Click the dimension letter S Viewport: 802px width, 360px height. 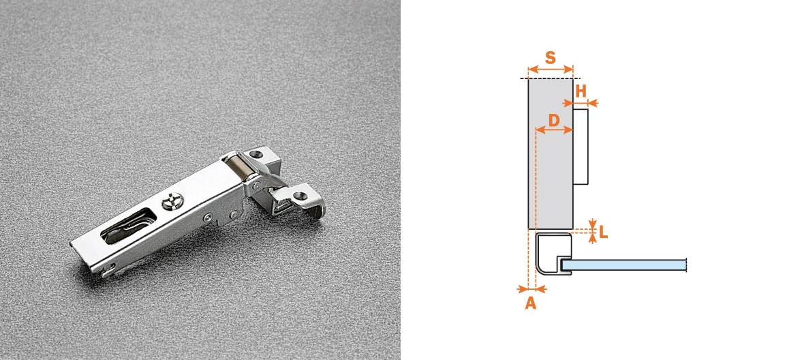(x=551, y=57)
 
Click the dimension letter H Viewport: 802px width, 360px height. (x=581, y=91)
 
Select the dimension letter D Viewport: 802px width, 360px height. (x=553, y=121)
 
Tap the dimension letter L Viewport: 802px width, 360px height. (x=604, y=232)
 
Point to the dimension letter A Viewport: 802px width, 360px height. (x=531, y=303)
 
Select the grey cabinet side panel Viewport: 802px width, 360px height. (x=551, y=153)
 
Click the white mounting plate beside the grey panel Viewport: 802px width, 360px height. (x=581, y=147)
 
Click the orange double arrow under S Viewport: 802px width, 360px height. (x=551, y=69)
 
